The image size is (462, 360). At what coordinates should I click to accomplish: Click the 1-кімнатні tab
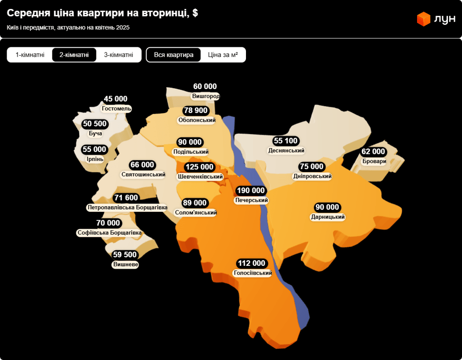tap(30, 55)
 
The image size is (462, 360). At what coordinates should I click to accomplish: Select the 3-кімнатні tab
tap(119, 55)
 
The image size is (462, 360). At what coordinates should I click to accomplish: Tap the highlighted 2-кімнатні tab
tap(74, 55)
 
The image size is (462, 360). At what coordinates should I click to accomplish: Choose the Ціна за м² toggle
tap(223, 55)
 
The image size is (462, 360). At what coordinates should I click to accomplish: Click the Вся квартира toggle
tap(174, 55)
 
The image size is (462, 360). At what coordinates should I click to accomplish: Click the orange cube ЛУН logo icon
tap(424, 19)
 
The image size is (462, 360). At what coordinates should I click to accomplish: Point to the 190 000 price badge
tap(251, 190)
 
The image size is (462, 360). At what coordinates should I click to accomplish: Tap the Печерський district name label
tap(251, 200)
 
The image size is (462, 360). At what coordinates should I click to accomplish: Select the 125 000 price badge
tap(200, 167)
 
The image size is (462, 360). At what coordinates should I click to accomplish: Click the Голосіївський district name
tap(253, 273)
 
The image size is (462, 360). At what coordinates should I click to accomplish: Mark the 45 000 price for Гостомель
tap(116, 99)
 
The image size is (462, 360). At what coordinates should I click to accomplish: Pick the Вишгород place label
tap(206, 96)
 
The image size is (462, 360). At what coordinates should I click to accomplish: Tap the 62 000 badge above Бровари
tap(373, 151)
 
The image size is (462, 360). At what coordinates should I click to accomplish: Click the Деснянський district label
tap(286, 150)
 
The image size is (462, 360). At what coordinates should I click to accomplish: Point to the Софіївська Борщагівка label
tap(109, 232)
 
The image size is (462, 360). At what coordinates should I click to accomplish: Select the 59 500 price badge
tap(125, 255)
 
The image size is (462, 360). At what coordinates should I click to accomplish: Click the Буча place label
tap(95, 133)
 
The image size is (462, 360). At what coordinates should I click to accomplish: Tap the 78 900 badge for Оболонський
tap(196, 111)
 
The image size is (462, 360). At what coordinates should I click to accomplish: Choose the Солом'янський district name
tap(195, 212)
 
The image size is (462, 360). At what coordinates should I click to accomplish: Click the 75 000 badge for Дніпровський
tap(312, 166)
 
